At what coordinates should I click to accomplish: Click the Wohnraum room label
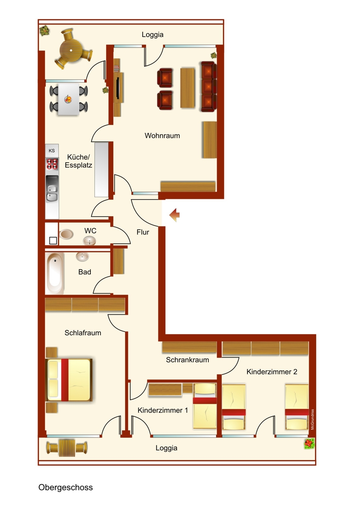[x=162, y=136]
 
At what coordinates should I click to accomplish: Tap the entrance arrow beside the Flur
[x=174, y=215]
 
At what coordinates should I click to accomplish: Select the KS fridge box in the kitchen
[x=52, y=151]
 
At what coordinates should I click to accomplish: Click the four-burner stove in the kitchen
[x=52, y=164]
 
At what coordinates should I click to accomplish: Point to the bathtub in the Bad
[x=54, y=273]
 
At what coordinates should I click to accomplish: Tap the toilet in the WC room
[x=66, y=234]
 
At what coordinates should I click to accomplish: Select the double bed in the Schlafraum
[x=69, y=380]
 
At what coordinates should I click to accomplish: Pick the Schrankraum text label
[x=187, y=360]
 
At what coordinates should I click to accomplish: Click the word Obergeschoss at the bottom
[x=65, y=487]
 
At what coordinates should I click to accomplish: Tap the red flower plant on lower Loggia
[x=309, y=444]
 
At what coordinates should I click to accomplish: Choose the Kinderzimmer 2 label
[x=272, y=372]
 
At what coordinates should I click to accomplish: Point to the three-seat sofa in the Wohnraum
[x=208, y=87]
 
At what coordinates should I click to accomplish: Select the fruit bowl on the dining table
[x=68, y=99]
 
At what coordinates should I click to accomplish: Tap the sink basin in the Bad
[x=82, y=257]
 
